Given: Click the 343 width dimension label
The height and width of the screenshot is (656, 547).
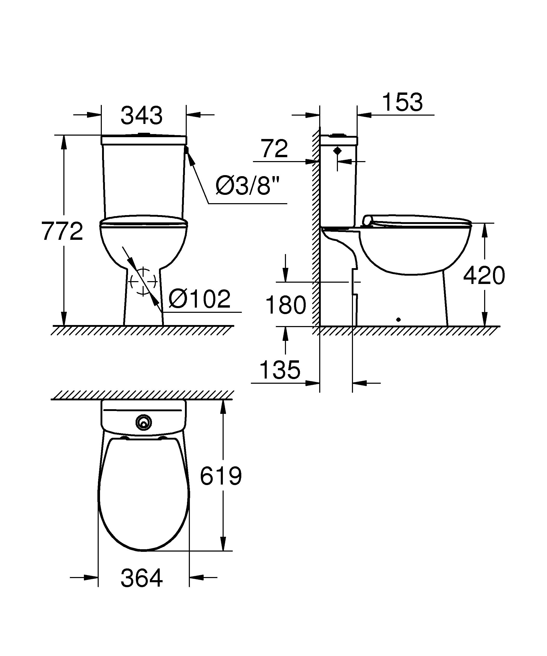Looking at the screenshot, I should click(x=142, y=116).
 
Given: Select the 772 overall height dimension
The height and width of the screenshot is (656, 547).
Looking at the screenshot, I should click(x=62, y=231).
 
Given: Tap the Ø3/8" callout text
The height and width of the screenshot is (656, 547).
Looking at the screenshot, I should click(x=247, y=187).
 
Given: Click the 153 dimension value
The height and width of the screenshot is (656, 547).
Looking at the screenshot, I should click(x=402, y=102).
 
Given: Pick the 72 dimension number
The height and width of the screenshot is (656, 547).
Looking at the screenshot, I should click(x=274, y=149).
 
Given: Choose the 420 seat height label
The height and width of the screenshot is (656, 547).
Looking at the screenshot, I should click(x=484, y=275).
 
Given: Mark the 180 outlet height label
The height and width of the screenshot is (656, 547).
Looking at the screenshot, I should click(x=285, y=305).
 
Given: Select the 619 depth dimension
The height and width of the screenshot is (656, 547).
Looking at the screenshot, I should click(x=221, y=476).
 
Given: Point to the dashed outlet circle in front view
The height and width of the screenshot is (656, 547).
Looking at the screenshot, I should click(x=143, y=282).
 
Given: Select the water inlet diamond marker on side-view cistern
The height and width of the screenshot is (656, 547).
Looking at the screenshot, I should click(x=337, y=151).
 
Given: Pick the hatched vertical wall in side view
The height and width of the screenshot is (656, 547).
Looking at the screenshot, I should click(x=316, y=228).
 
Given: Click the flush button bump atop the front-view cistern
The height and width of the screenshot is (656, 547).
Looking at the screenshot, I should click(x=144, y=134).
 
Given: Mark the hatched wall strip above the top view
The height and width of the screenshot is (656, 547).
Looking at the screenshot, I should click(x=142, y=395).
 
